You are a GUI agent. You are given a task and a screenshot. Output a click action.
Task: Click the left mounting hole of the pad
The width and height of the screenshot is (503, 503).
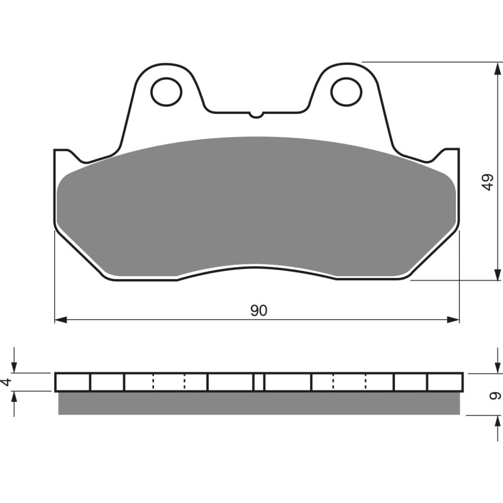point(167,91)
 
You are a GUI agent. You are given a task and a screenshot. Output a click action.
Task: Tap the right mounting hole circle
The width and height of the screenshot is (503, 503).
point(346,91)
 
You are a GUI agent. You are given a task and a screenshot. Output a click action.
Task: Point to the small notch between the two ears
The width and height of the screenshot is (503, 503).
point(256,114)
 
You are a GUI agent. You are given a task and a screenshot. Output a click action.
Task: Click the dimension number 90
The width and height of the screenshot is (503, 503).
point(258,311)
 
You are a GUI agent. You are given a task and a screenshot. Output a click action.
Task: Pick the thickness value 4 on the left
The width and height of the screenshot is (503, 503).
point(8,382)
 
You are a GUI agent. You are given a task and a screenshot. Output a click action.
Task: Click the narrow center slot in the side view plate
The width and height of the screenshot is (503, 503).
point(258,382)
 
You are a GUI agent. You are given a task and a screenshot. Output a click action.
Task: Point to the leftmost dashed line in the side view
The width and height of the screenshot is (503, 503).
point(153,382)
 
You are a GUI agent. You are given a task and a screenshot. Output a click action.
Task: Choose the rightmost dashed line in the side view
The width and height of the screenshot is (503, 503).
point(366,382)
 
